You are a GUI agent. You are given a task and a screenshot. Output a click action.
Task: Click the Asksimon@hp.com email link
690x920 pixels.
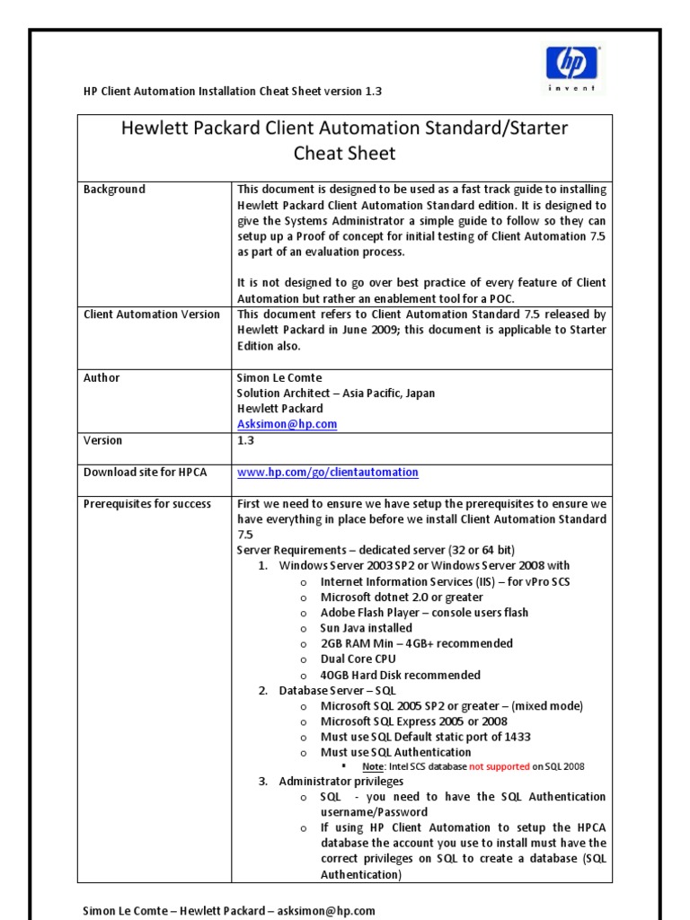pyautogui.click(x=287, y=424)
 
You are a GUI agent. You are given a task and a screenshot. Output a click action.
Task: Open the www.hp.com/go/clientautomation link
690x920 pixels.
pyautogui.click(x=327, y=473)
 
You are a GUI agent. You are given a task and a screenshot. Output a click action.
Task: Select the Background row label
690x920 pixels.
pyautogui.click(x=114, y=190)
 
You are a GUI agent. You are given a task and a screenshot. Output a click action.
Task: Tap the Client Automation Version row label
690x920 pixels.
pyautogui.click(x=151, y=314)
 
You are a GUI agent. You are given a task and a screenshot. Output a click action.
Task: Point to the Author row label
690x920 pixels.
pyautogui.click(x=102, y=378)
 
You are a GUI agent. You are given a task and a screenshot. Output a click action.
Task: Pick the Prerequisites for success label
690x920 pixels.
pyautogui.click(x=147, y=504)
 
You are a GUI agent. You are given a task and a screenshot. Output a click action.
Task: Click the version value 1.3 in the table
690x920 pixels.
pyautogui.click(x=245, y=441)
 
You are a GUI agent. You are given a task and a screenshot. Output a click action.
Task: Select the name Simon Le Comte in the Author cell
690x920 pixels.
pyautogui.click(x=279, y=378)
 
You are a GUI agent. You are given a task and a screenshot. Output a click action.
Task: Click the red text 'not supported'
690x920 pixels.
pyautogui.click(x=494, y=766)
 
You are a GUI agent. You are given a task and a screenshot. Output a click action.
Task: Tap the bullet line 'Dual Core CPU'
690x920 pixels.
pyautogui.click(x=358, y=659)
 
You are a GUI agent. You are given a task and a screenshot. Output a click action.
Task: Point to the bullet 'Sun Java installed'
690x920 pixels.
pyautogui.click(x=366, y=628)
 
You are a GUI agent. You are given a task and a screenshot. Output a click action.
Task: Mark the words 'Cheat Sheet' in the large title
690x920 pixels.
pyautogui.click(x=345, y=154)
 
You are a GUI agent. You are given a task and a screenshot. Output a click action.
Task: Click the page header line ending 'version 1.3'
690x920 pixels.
pyautogui.click(x=232, y=92)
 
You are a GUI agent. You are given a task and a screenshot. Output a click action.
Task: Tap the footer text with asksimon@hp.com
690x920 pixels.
pyautogui.click(x=229, y=910)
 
